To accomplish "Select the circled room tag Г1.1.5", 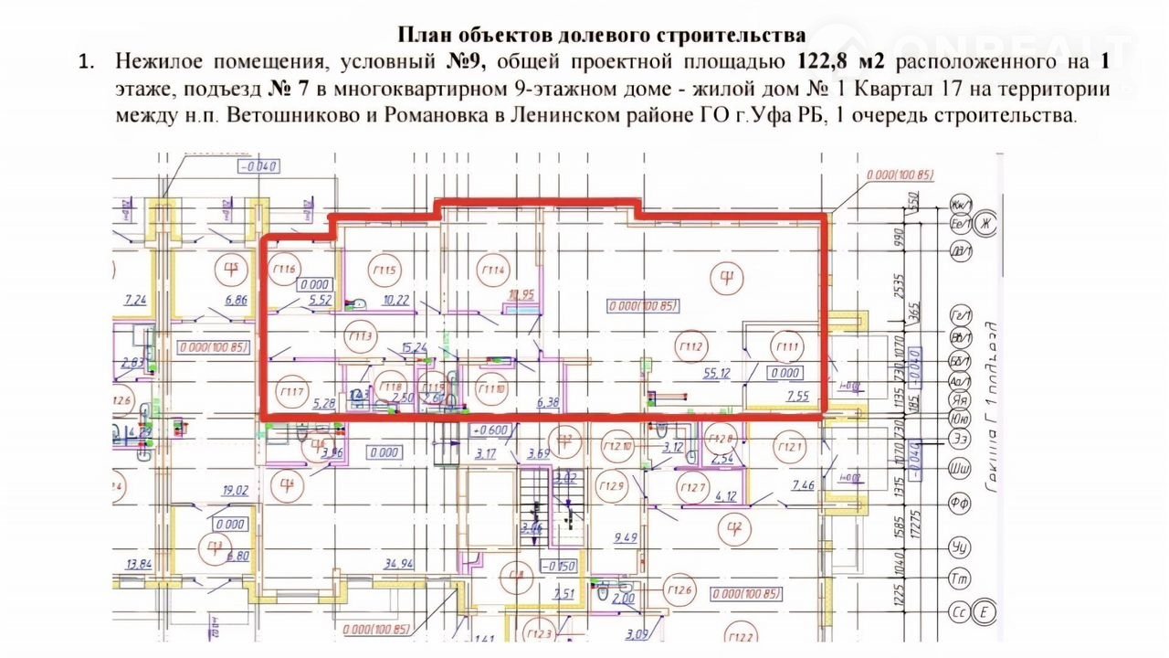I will coord(384,270).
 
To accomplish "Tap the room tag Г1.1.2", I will coord(690,346).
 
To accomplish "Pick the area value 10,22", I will coord(396,299).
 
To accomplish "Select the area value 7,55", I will coord(797,396).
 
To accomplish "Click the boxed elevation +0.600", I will coord(489,429).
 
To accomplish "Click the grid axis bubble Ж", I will coord(985,223).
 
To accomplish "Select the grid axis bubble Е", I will coord(985,610).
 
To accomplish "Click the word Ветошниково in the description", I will coord(283,116).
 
